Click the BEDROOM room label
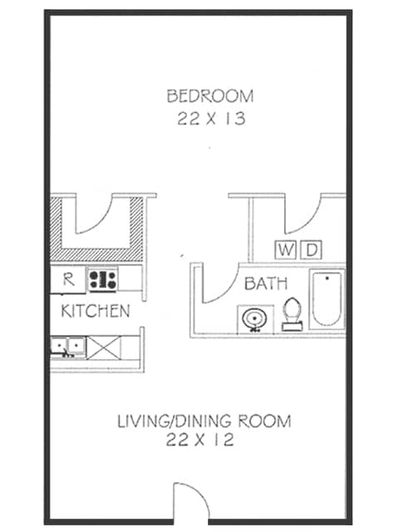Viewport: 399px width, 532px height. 209,96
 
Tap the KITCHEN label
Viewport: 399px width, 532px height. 96,312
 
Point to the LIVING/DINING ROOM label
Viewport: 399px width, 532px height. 204,421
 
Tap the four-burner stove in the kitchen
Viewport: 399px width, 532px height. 104,279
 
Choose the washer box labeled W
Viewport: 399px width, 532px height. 285,249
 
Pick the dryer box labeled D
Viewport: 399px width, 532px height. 311,249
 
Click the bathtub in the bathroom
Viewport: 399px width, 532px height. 328,299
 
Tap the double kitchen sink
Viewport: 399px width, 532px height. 67,345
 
